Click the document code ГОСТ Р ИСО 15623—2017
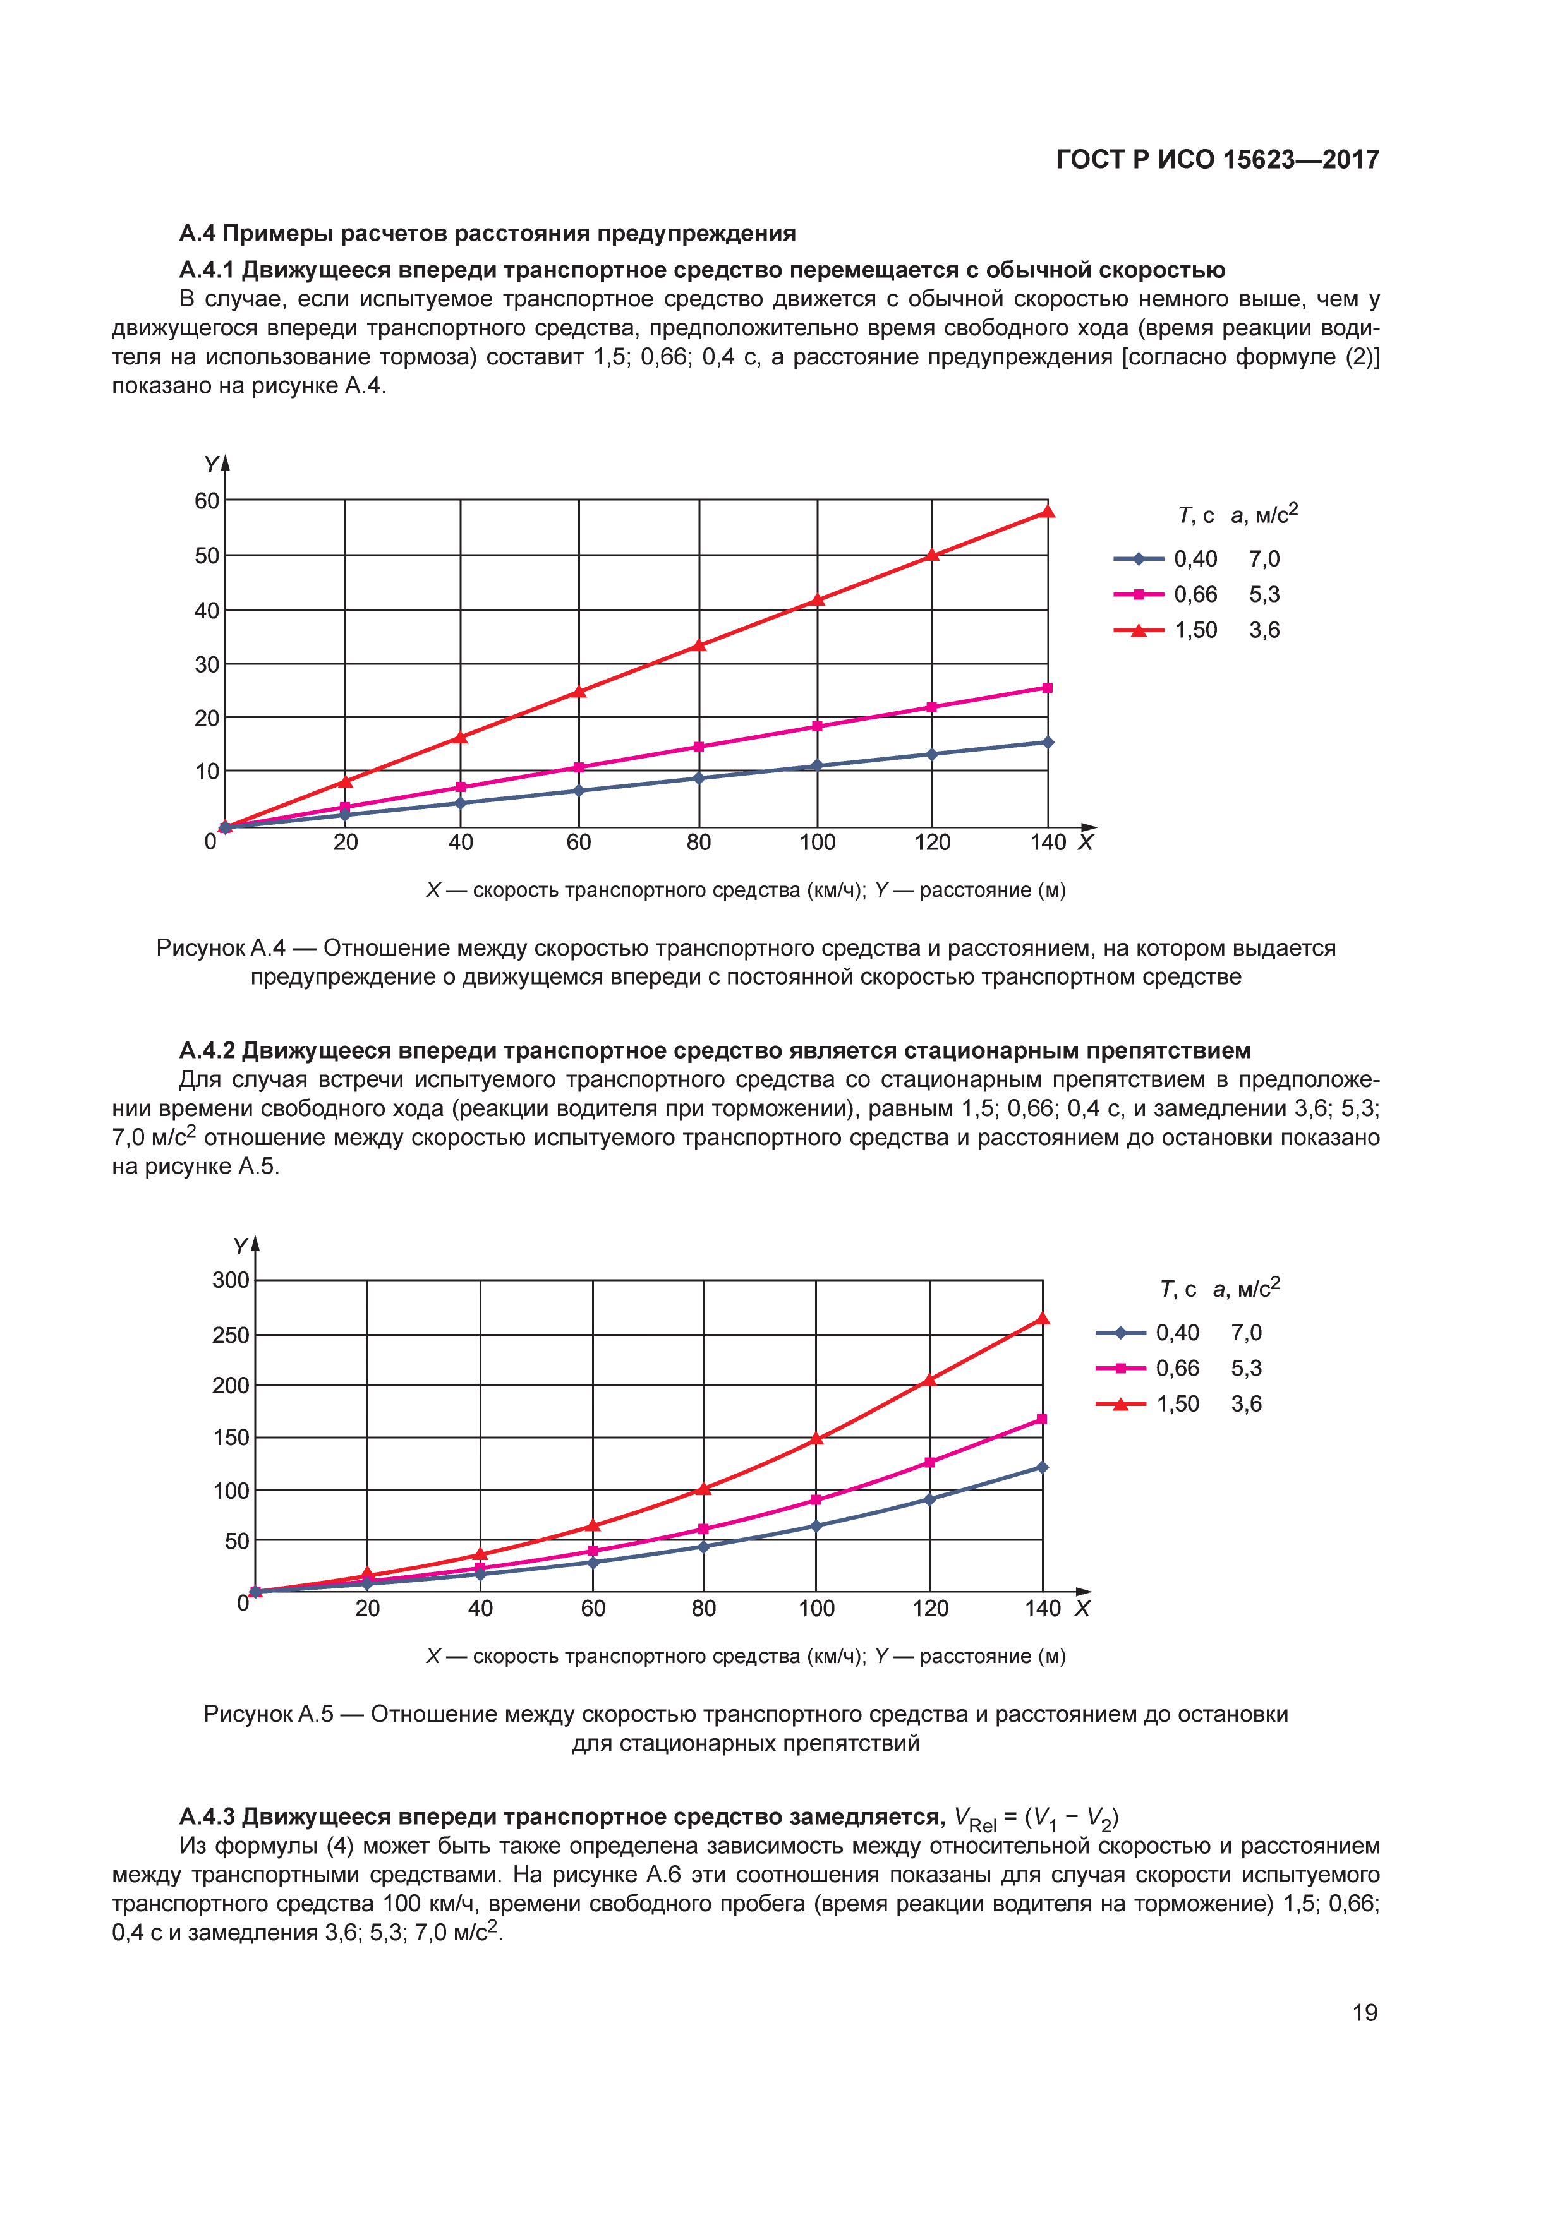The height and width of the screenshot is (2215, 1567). tap(1217, 159)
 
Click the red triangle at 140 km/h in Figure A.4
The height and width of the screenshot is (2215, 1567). tap(1048, 512)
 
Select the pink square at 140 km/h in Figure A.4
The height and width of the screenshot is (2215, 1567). tap(1048, 688)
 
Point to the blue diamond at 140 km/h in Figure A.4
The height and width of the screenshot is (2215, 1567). tap(1048, 742)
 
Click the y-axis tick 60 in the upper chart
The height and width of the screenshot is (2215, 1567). tap(207, 501)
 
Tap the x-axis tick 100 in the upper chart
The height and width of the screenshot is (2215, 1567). tap(817, 842)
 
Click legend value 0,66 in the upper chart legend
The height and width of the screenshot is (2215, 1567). tap(1195, 594)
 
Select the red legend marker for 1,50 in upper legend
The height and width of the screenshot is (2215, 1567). tap(1139, 630)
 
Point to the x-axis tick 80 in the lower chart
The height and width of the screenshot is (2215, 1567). tap(703, 1608)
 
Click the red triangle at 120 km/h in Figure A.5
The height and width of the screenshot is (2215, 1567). tap(929, 1379)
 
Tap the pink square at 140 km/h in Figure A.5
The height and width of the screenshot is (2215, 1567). tap(1042, 1419)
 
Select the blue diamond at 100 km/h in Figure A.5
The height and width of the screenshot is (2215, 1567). tap(816, 1525)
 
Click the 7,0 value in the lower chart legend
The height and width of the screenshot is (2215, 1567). tap(1245, 1332)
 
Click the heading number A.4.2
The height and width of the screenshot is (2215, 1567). tap(207, 1050)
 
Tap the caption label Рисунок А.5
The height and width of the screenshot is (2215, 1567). tap(269, 1714)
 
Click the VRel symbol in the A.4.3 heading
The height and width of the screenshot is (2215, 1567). tap(974, 1818)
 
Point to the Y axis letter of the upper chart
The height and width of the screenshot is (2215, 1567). tap(210, 465)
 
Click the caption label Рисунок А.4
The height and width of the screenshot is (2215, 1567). tap(221, 947)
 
